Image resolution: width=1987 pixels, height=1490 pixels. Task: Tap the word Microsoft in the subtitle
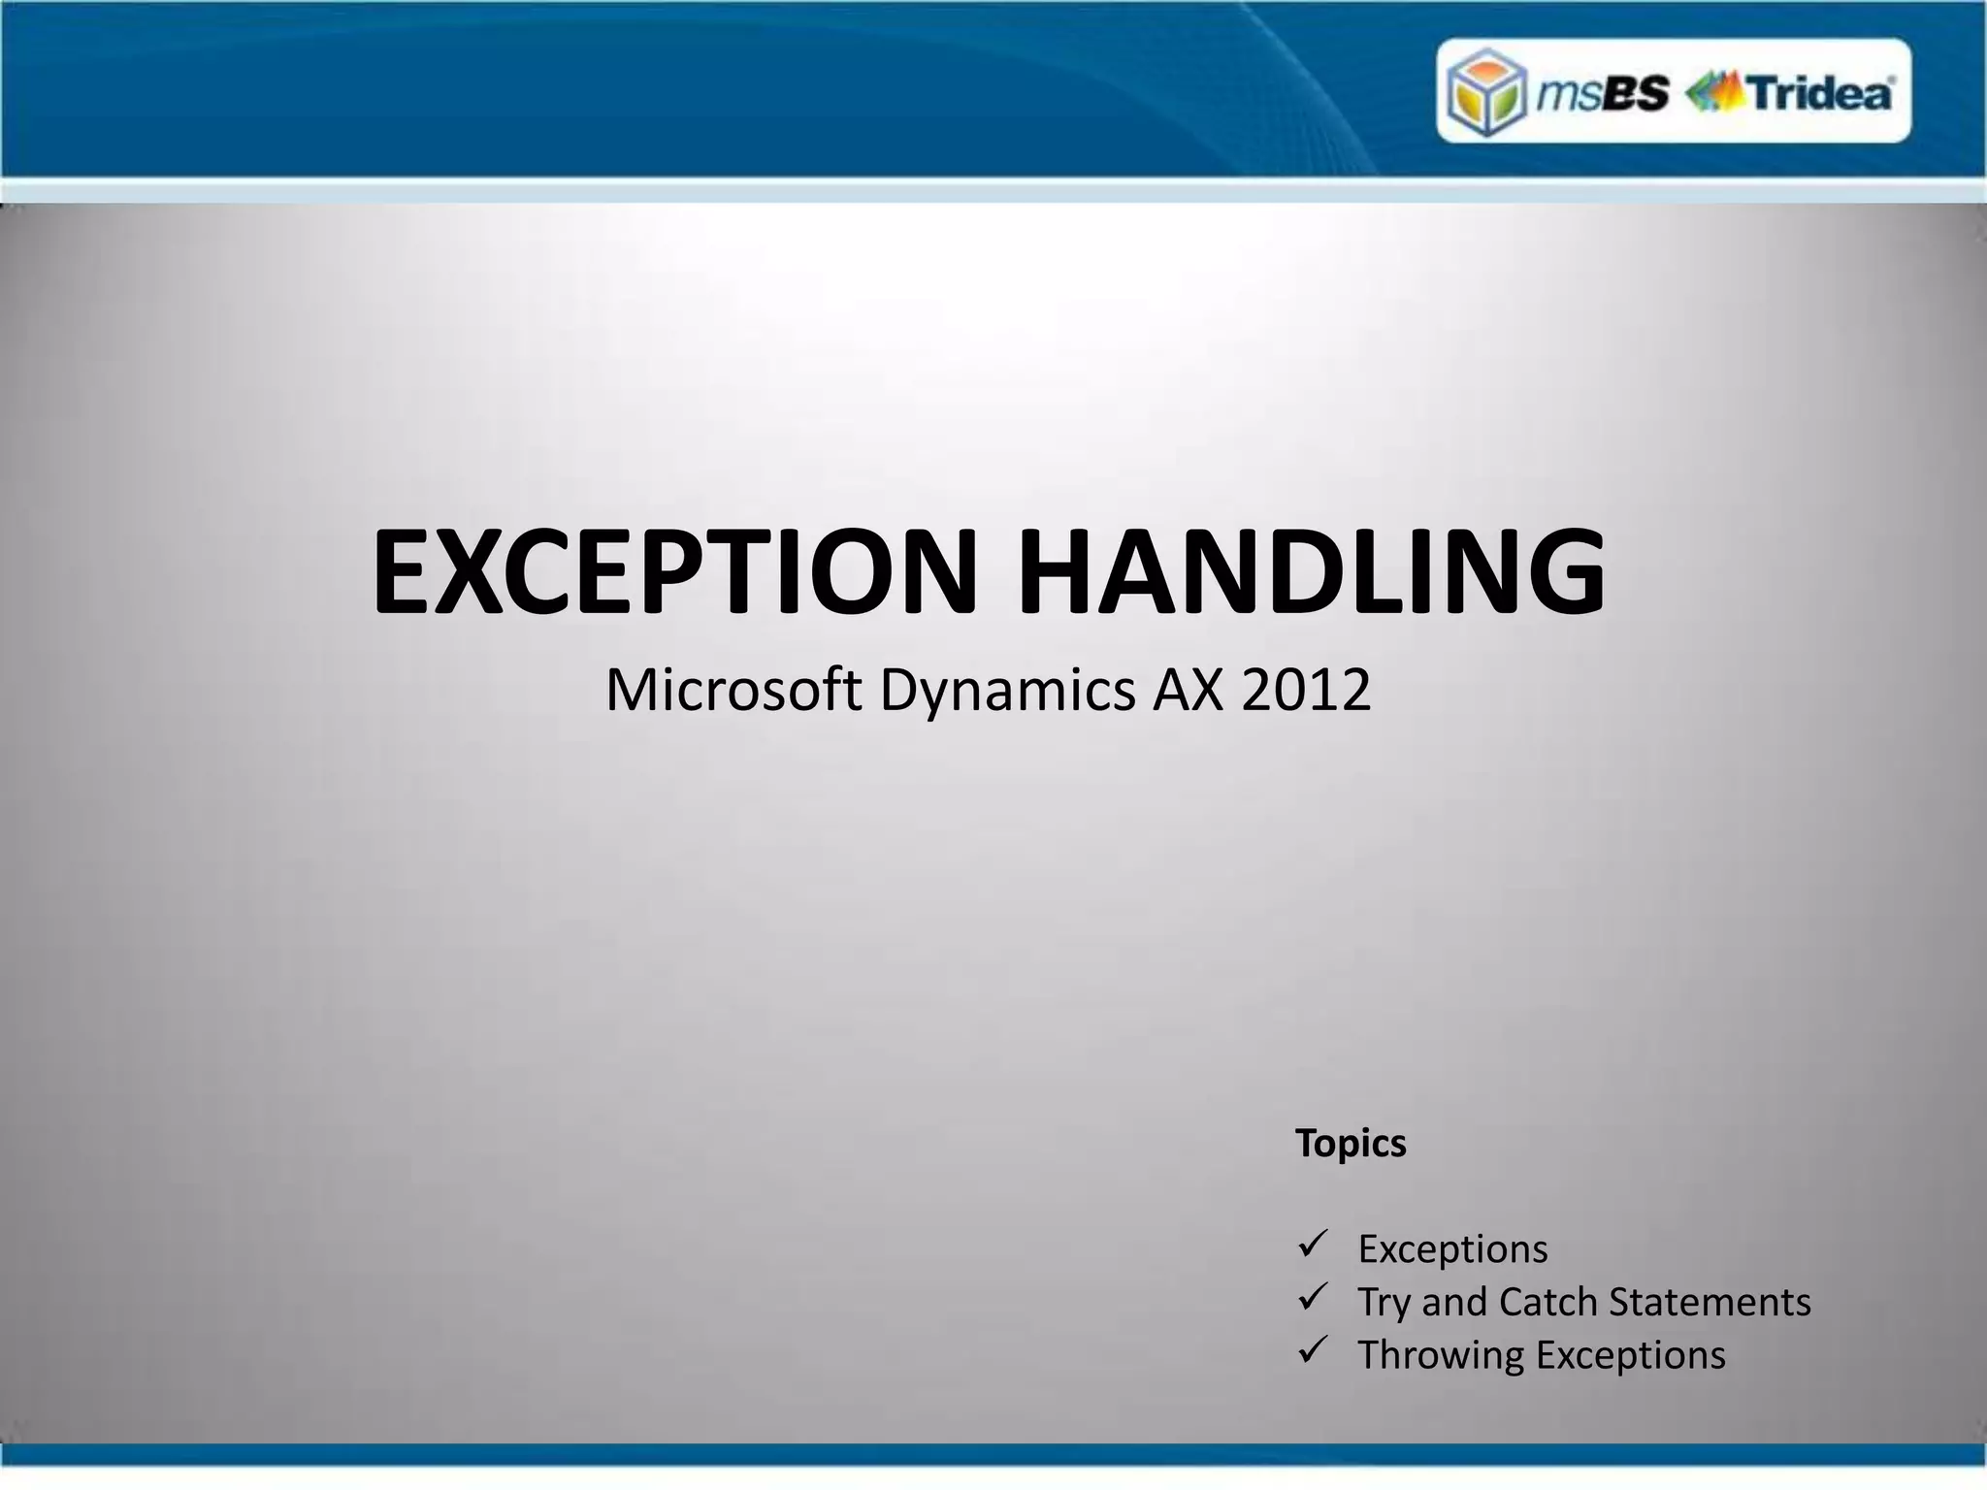coord(733,690)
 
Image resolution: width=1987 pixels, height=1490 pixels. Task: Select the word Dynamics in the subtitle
coord(1007,692)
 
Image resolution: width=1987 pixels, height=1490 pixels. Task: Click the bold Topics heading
coord(1351,1144)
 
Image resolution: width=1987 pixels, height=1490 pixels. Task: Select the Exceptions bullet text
coord(1452,1249)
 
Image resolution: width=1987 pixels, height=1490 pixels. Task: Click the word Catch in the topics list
coord(1547,1302)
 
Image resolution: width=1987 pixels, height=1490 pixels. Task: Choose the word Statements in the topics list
coord(1710,1302)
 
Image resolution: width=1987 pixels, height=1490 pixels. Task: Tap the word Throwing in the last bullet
coord(1441,1356)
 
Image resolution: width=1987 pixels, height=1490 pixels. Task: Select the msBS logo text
coord(1603,93)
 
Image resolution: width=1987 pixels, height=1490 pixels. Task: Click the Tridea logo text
coord(1820,93)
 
